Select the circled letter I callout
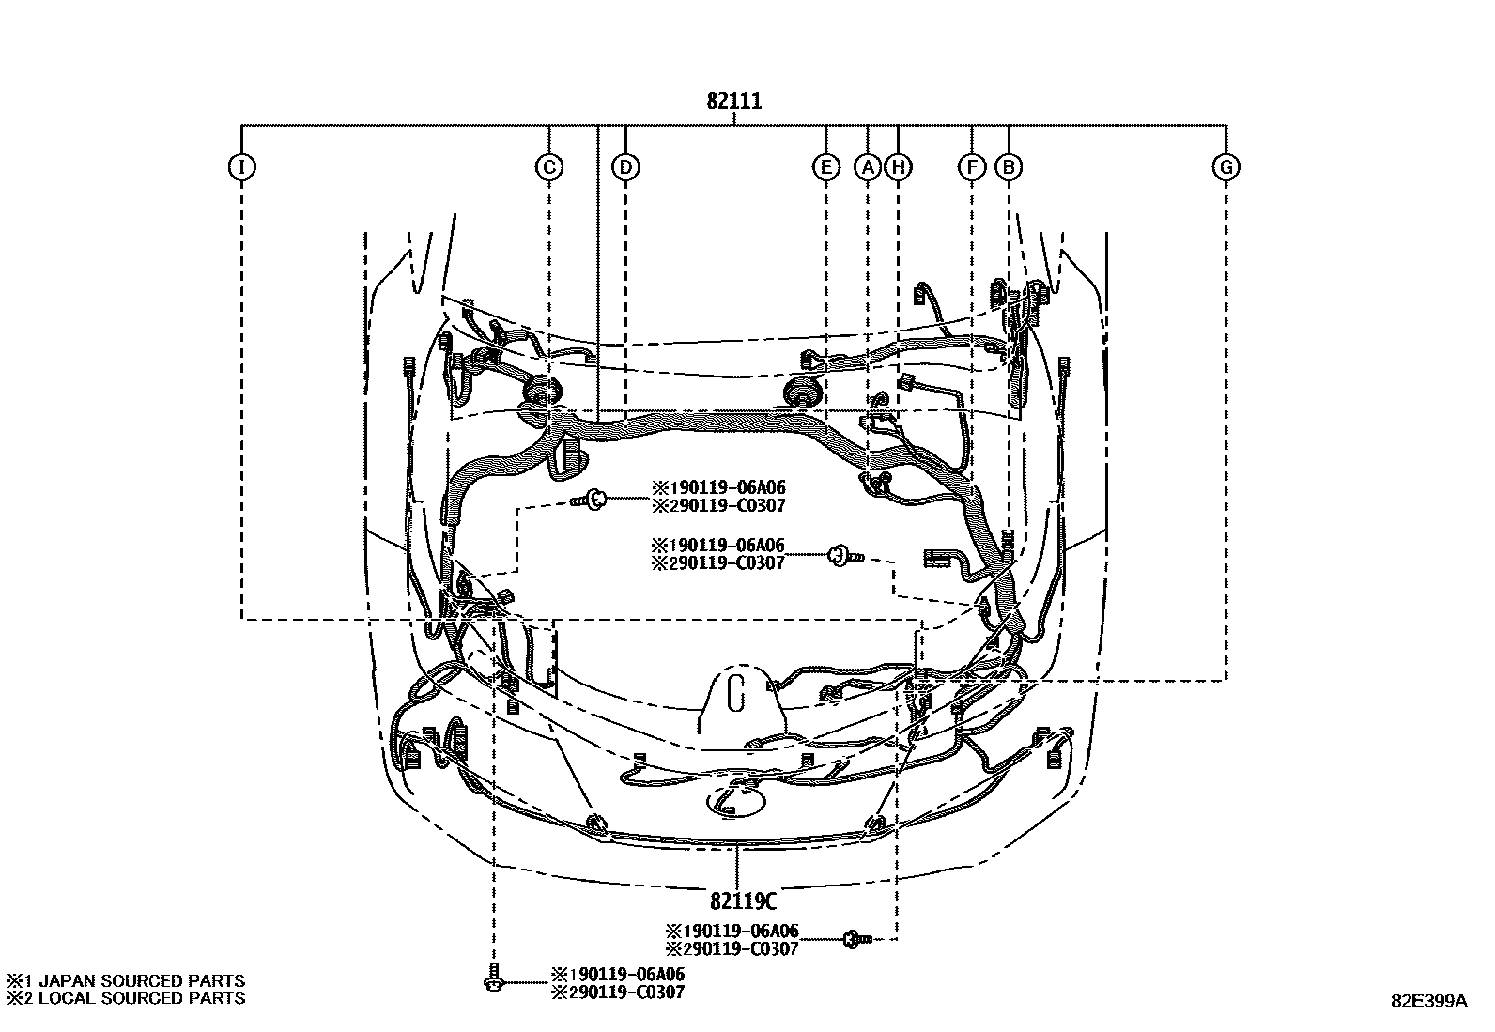241,167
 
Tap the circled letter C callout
548,167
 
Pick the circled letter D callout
625,167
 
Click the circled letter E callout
825,167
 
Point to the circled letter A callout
868,167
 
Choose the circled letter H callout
898,167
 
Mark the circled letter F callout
971,167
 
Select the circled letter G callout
1225,167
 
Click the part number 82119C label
743,901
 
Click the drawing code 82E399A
1428,1001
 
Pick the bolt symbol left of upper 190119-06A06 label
590,500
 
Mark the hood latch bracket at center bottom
736,700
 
